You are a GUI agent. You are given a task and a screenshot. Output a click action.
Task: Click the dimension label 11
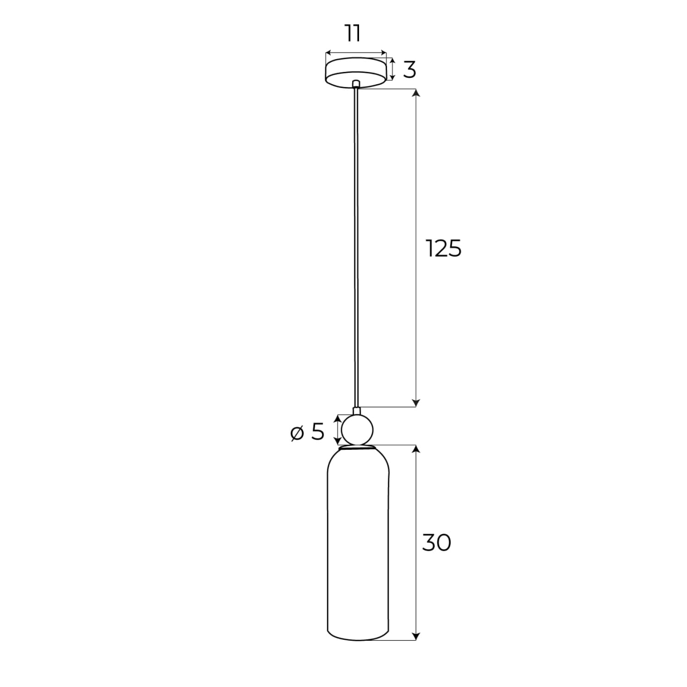coord(352,33)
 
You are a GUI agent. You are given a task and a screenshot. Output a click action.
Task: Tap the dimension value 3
coord(410,70)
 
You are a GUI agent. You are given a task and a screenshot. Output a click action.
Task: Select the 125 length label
coord(443,249)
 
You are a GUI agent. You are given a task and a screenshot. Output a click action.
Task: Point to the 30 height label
coord(436,543)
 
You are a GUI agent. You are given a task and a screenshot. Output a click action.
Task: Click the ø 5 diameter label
coord(308,432)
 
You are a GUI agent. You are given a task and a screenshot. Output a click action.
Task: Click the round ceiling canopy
coord(356,71)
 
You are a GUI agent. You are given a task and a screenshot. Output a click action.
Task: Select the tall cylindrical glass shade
coord(358,542)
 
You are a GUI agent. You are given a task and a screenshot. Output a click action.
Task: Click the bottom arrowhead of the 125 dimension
coord(416,403)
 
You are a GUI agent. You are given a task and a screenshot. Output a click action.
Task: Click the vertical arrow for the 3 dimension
coord(392,69)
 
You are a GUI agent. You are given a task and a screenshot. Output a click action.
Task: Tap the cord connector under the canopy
coord(356,84)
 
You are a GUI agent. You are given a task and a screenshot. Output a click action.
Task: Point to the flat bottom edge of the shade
coord(358,639)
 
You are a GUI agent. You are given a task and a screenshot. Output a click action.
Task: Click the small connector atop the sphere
coord(356,411)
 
